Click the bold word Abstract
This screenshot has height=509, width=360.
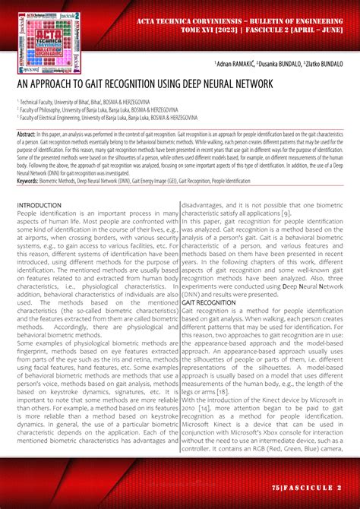(29, 133)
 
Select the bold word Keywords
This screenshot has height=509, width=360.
(31, 182)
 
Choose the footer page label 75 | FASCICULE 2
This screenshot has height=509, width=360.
(311, 485)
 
